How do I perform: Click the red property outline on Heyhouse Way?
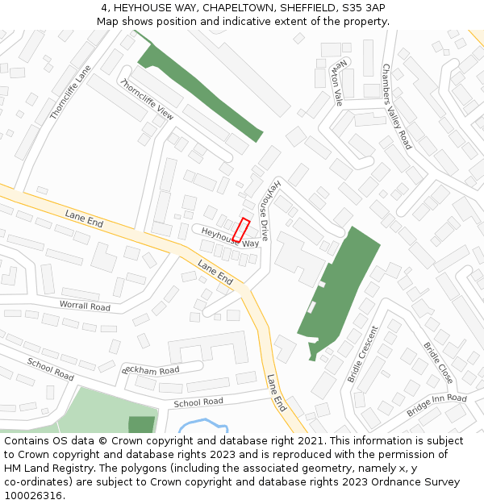pos(241,229)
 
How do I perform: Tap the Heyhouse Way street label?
pos(230,237)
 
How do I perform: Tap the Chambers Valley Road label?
pos(396,106)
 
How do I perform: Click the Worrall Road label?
pos(85,306)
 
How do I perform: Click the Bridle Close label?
pos(438,363)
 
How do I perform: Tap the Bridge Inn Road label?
pos(436,404)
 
